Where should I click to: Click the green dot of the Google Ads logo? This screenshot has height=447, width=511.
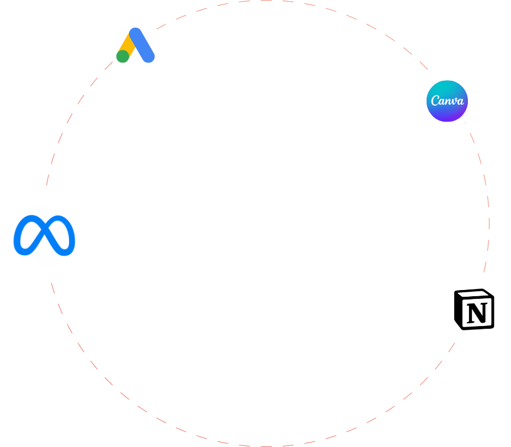pyautogui.click(x=123, y=56)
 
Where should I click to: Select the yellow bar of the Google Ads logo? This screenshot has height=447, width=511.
pyautogui.click(x=127, y=45)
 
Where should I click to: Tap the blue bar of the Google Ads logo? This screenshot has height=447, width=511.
pyautogui.click(x=142, y=45)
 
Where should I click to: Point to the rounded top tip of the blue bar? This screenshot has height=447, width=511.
pyautogui.click(x=135, y=29)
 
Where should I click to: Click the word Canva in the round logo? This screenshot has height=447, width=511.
pyautogui.click(x=447, y=101)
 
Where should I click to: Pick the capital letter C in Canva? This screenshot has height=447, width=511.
pyautogui.click(x=435, y=100)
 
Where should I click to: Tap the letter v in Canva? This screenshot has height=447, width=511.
pyautogui.click(x=454, y=102)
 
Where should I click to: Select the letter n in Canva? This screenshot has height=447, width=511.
pyautogui.click(x=448, y=102)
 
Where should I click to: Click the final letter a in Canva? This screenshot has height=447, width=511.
pyautogui.click(x=460, y=102)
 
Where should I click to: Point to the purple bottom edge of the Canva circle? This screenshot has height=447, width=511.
pyautogui.click(x=447, y=120)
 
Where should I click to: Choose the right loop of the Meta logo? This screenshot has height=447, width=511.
pyautogui.click(x=62, y=235)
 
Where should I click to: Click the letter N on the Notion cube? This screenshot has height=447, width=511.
pyautogui.click(x=477, y=313)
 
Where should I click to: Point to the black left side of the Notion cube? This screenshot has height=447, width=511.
pyautogui.click(x=458, y=310)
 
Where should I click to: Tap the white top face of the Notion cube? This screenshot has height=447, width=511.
pyautogui.click(x=474, y=295)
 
